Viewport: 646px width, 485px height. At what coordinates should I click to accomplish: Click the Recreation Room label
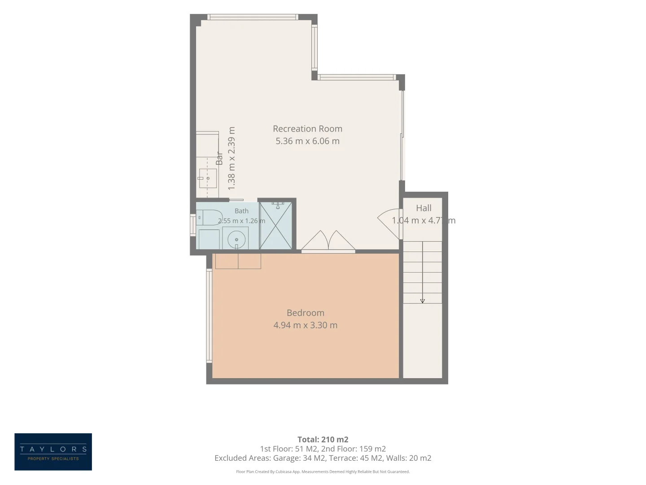(307, 129)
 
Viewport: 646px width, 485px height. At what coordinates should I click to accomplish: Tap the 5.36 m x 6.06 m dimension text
(307, 141)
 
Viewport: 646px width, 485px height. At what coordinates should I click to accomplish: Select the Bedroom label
(305, 313)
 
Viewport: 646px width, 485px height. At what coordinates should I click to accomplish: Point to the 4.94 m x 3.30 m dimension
(305, 325)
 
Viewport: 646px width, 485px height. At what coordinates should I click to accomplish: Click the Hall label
(423, 208)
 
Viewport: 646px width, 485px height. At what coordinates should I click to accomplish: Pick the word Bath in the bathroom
(241, 211)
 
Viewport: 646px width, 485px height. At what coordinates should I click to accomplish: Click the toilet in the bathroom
(208, 218)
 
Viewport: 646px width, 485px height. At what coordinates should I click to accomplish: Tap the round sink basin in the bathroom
(236, 239)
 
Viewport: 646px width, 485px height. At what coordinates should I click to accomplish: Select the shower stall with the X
(275, 225)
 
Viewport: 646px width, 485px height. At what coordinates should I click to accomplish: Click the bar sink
(208, 178)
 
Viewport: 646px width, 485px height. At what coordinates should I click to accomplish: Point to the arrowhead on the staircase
(422, 301)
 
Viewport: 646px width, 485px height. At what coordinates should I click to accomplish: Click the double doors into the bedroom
(328, 242)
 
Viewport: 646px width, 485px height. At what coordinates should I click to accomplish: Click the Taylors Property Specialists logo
(53, 452)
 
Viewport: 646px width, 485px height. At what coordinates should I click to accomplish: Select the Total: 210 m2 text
(323, 439)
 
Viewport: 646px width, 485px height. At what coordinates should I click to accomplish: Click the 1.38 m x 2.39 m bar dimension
(231, 159)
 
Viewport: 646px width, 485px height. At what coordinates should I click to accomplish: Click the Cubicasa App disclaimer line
(323, 472)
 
